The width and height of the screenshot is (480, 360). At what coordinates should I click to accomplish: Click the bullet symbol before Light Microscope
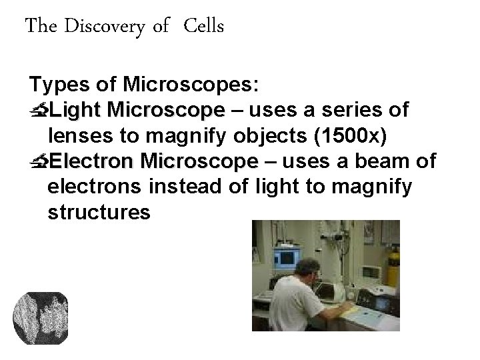tap(39, 109)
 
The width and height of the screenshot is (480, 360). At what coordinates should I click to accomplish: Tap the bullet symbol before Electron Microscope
tap(39, 162)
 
